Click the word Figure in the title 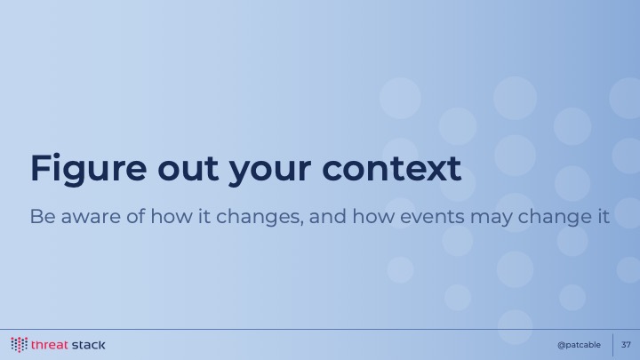pos(89,169)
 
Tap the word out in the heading pos(188,169)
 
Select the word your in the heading pos(270,172)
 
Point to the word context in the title pos(392,169)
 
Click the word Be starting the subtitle pos(43,216)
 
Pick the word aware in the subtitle pos(91,218)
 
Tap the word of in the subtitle pos(136,216)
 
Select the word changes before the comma pos(260,217)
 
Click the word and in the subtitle pos(328,216)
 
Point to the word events pos(432,217)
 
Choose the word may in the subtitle pos(491,219)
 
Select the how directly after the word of pos(172,216)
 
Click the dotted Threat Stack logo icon pos(20,345)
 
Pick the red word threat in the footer pos(50,345)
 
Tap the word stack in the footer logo pos(88,345)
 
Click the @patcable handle pos(579,345)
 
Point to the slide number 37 pos(626,345)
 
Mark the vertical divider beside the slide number pos(612,345)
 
